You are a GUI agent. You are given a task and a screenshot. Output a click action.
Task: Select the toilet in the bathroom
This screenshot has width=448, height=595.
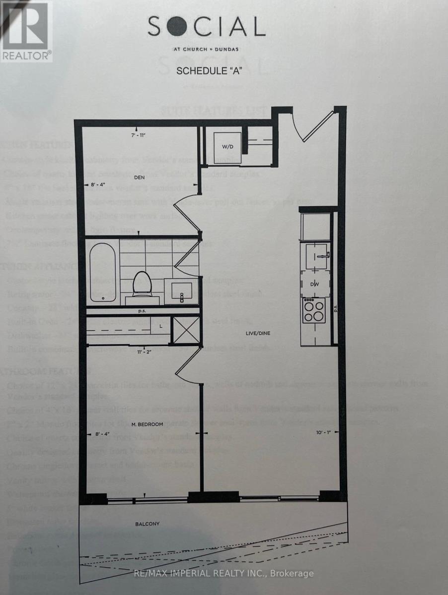142,287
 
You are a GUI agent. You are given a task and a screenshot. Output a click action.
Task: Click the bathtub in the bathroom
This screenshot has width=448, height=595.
103,274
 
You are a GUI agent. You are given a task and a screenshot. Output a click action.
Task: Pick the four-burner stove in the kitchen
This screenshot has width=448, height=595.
314,311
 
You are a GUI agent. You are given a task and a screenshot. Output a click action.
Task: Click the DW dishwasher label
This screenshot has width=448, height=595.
314,285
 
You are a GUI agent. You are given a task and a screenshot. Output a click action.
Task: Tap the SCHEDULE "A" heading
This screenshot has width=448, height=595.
209,71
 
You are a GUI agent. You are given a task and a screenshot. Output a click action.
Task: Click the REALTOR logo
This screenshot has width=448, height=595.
26,31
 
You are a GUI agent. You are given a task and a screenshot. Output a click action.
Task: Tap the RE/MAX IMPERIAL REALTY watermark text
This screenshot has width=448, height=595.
224,574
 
